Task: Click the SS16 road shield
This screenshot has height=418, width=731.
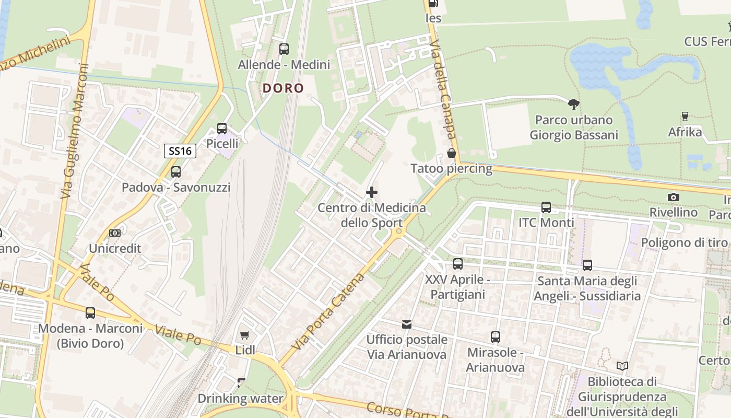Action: tap(180, 152)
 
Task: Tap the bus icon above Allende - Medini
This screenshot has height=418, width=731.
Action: tap(284, 49)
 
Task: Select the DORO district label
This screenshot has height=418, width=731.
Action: tap(283, 88)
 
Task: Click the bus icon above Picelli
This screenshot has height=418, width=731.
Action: tap(222, 128)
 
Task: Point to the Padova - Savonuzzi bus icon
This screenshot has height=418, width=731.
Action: tap(176, 171)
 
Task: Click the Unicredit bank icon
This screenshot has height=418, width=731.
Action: tap(115, 233)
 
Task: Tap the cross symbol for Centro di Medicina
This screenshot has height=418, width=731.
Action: tap(372, 192)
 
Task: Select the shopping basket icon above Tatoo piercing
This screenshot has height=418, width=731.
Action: tap(452, 153)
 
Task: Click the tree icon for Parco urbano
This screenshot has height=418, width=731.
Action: tap(574, 104)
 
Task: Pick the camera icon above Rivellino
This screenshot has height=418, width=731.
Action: tap(674, 197)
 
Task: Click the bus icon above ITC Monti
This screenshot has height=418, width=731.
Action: tap(546, 207)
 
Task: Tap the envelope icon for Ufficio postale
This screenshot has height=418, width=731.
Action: tap(407, 324)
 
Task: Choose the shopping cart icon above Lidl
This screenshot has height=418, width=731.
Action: tap(244, 335)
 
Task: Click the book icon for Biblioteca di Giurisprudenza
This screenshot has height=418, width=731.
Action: tap(622, 366)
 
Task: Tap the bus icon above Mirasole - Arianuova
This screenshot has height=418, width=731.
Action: tap(496, 337)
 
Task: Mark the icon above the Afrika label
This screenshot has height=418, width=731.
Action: tap(685, 116)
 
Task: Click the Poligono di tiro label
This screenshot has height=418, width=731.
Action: tap(684, 242)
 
